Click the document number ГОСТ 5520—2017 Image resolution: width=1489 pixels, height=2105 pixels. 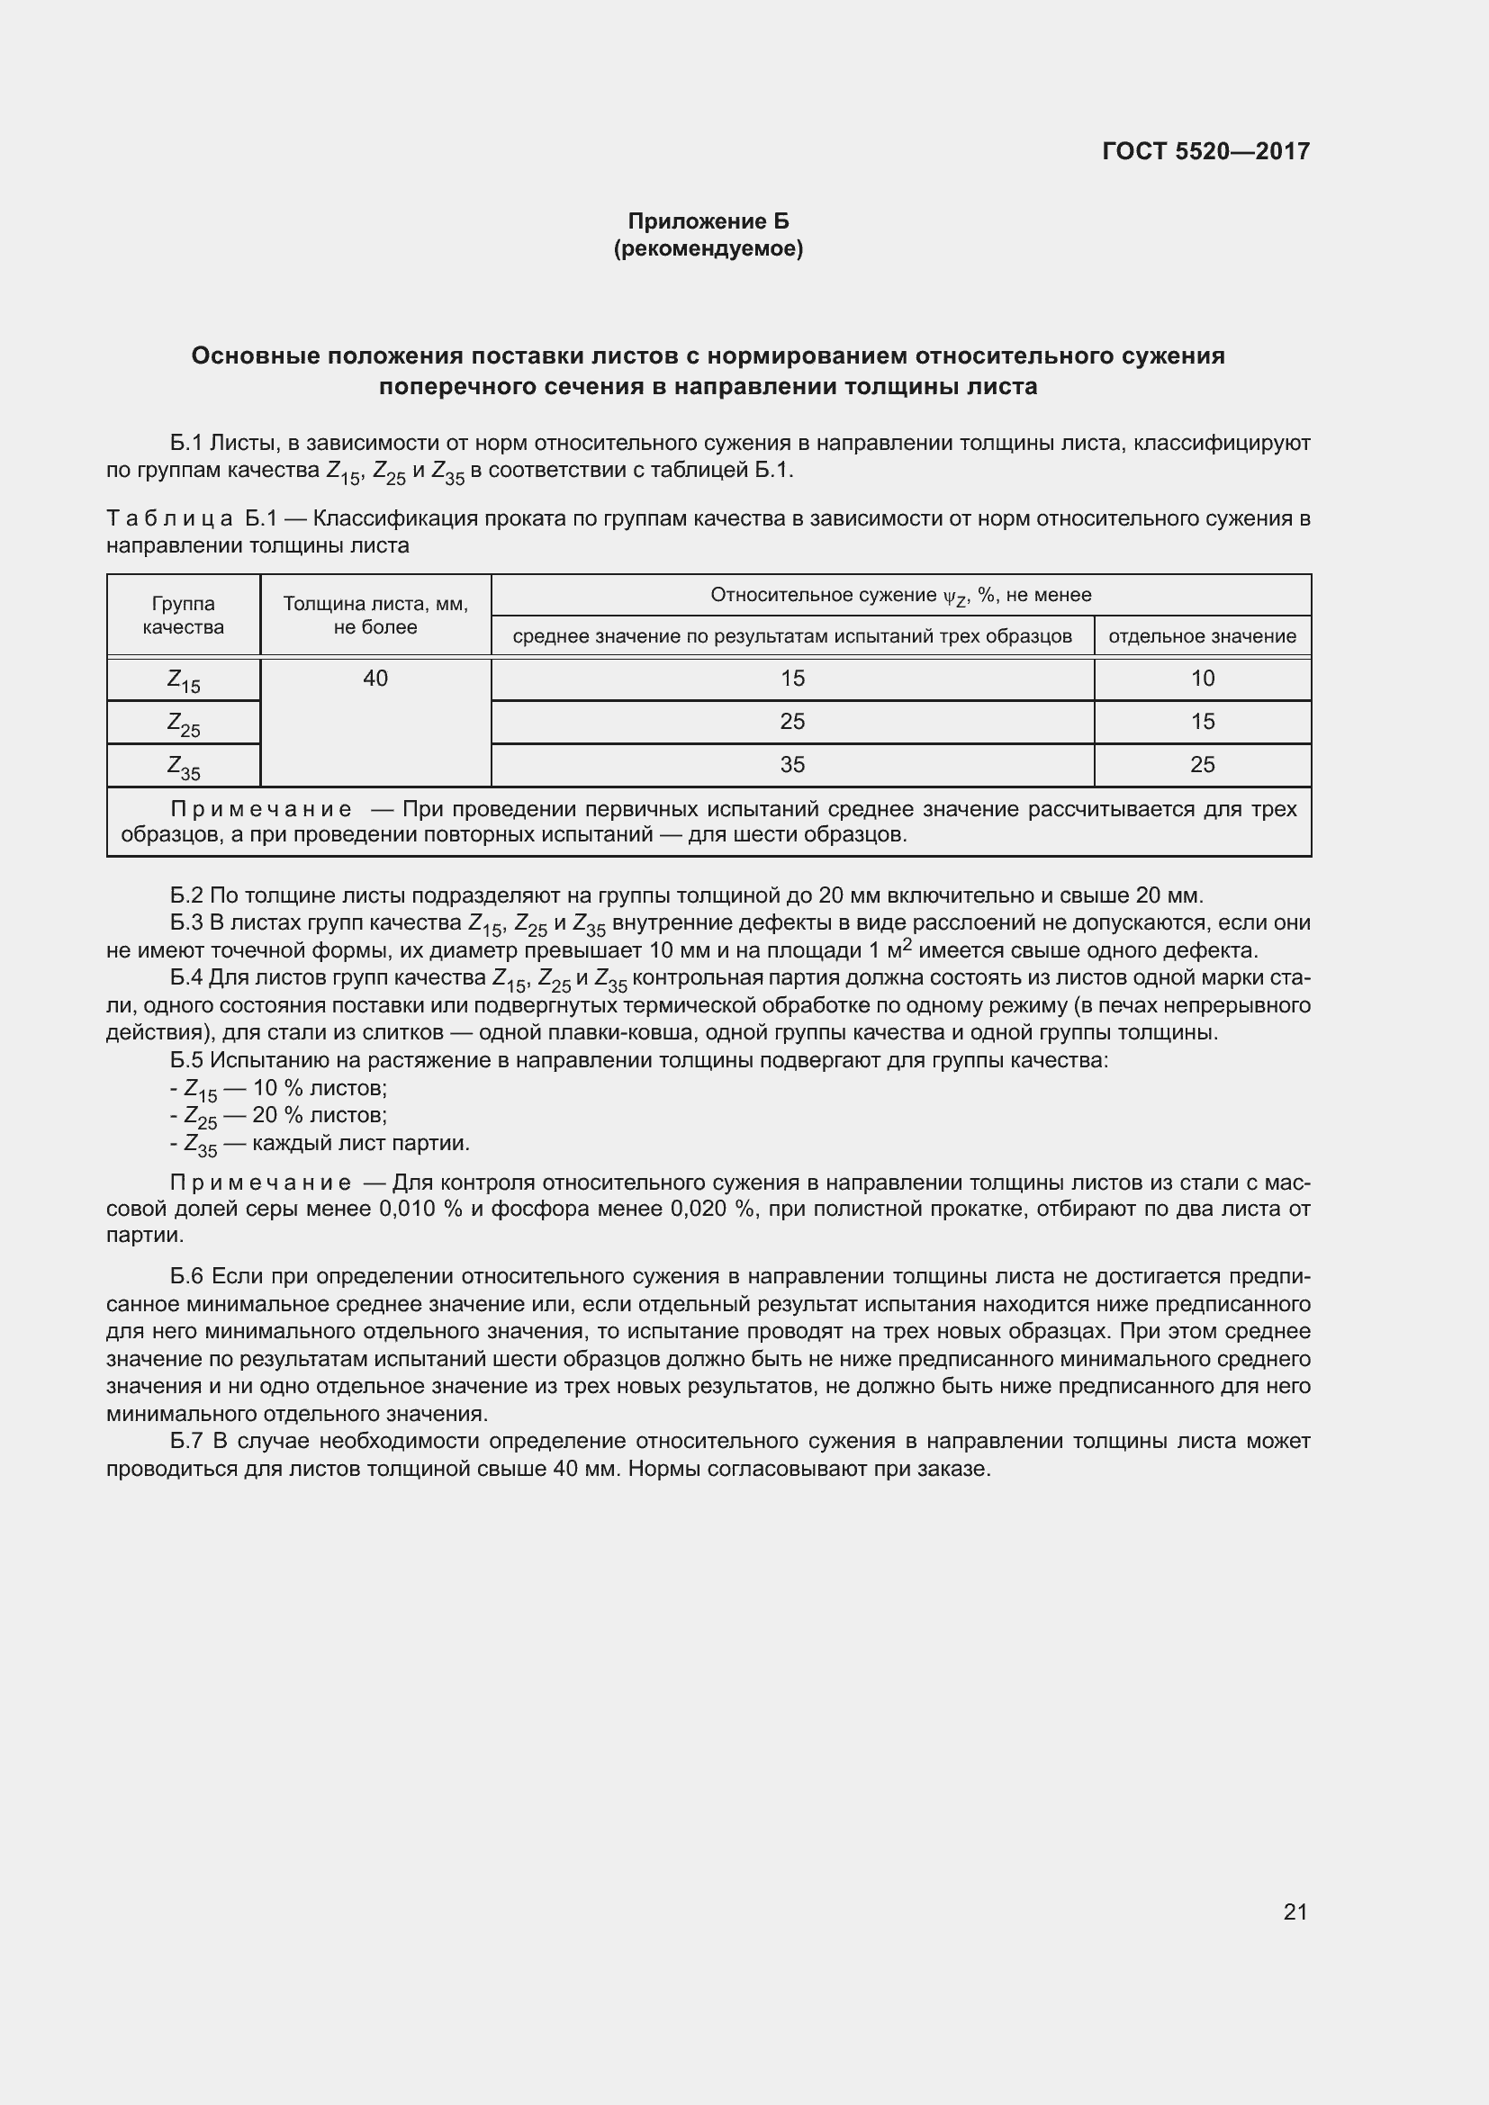[1205, 151]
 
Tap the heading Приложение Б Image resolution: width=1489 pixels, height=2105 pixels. [708, 221]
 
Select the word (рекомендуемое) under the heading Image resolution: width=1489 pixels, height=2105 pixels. [708, 248]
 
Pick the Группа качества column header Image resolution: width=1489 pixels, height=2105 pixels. [184, 616]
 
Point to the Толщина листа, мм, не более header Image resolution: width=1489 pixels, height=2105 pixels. [375, 616]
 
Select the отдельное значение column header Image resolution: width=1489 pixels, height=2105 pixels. [1202, 636]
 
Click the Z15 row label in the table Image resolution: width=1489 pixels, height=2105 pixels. [184, 680]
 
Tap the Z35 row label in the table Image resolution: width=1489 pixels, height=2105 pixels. [184, 767]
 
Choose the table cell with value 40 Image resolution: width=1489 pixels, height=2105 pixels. [375, 679]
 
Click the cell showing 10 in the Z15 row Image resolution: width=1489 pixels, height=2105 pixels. [1202, 679]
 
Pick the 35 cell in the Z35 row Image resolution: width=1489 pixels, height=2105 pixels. [792, 765]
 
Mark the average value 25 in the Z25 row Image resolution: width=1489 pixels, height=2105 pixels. [792, 722]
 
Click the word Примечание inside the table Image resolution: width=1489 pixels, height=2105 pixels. [261, 810]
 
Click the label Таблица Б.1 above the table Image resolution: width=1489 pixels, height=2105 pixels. [192, 519]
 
